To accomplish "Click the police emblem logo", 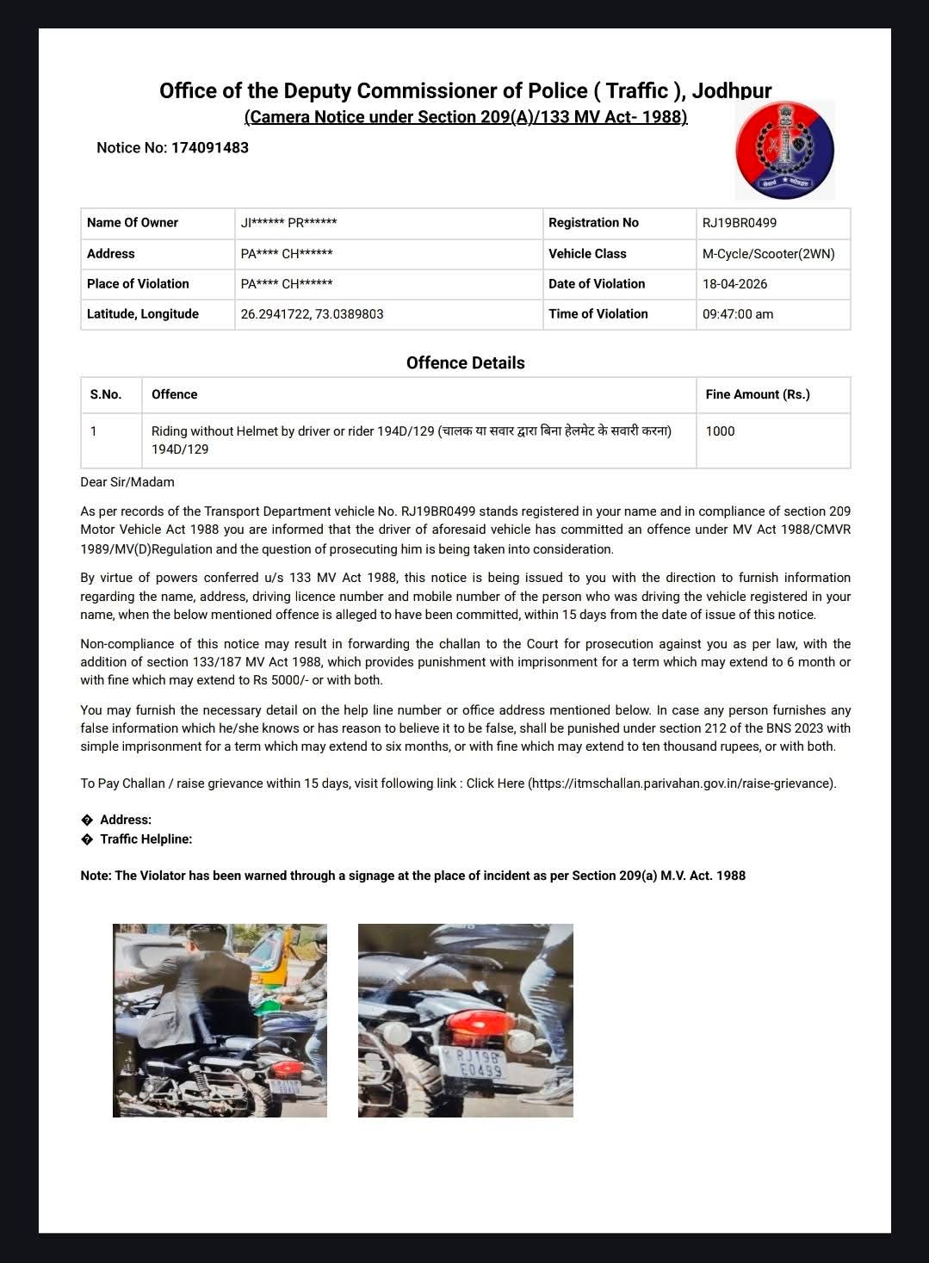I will pyautogui.click(x=784, y=150).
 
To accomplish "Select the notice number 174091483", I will pyautogui.click(x=209, y=147).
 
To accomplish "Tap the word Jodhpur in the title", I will pyautogui.click(x=731, y=90).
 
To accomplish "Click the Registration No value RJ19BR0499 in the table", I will pyautogui.click(x=739, y=223).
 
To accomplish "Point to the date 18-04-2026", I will pyautogui.click(x=734, y=284).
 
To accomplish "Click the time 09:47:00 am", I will pyautogui.click(x=737, y=314).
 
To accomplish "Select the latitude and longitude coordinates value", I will pyautogui.click(x=312, y=314).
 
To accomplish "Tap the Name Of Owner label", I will pyautogui.click(x=133, y=223).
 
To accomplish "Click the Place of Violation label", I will pyautogui.click(x=138, y=284).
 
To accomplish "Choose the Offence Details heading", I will pyautogui.click(x=465, y=362).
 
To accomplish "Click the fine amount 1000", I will pyautogui.click(x=720, y=431).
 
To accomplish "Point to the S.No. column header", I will pyautogui.click(x=106, y=394).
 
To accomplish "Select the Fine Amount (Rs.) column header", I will pyautogui.click(x=757, y=394).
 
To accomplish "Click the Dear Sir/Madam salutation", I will pyautogui.click(x=127, y=482).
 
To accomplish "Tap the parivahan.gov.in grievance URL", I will pyautogui.click(x=680, y=783).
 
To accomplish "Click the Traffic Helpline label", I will pyautogui.click(x=146, y=839).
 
